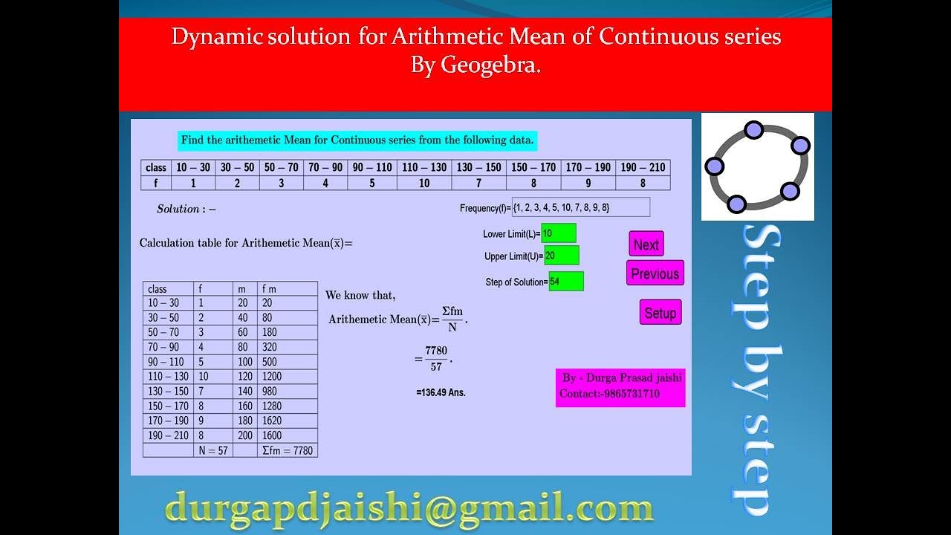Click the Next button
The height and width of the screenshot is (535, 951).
(x=646, y=244)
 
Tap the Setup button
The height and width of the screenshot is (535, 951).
(x=660, y=313)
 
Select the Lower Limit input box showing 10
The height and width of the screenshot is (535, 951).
(x=558, y=233)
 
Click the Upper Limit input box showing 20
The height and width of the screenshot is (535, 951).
(x=561, y=256)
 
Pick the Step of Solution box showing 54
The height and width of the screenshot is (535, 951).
(x=565, y=282)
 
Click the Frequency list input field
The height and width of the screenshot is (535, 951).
(x=580, y=207)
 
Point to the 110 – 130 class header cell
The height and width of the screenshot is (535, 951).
(x=424, y=167)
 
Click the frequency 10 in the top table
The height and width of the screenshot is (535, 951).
(x=424, y=183)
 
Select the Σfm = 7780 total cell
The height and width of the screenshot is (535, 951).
(x=288, y=450)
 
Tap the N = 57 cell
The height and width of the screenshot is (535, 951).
(x=213, y=450)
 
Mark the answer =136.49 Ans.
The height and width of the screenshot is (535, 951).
(x=441, y=392)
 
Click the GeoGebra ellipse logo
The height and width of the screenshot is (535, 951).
(x=757, y=166)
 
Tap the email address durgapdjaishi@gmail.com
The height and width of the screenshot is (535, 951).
(x=409, y=508)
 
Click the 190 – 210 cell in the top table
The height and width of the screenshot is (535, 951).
(x=643, y=167)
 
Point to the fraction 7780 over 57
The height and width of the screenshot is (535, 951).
(x=436, y=358)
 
